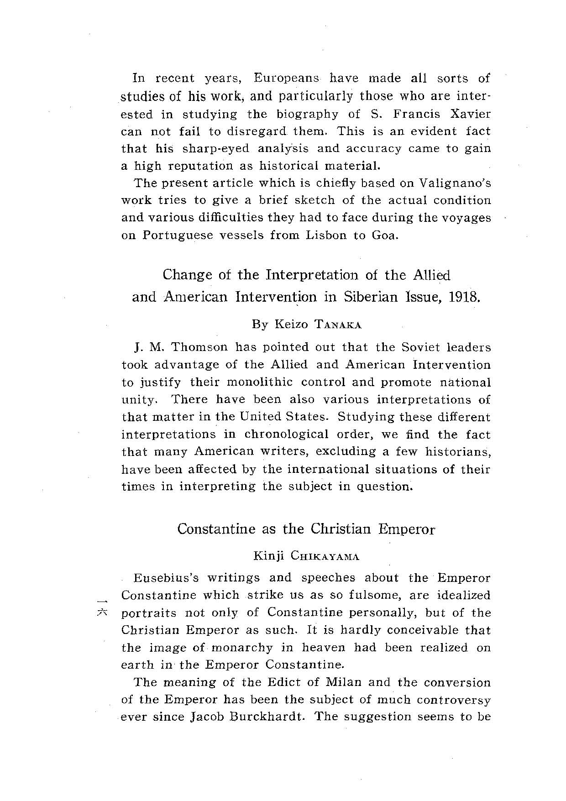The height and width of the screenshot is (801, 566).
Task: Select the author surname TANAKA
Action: point(338,325)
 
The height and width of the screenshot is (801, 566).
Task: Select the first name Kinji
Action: point(269,556)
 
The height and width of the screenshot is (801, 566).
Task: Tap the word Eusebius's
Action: point(166,578)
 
